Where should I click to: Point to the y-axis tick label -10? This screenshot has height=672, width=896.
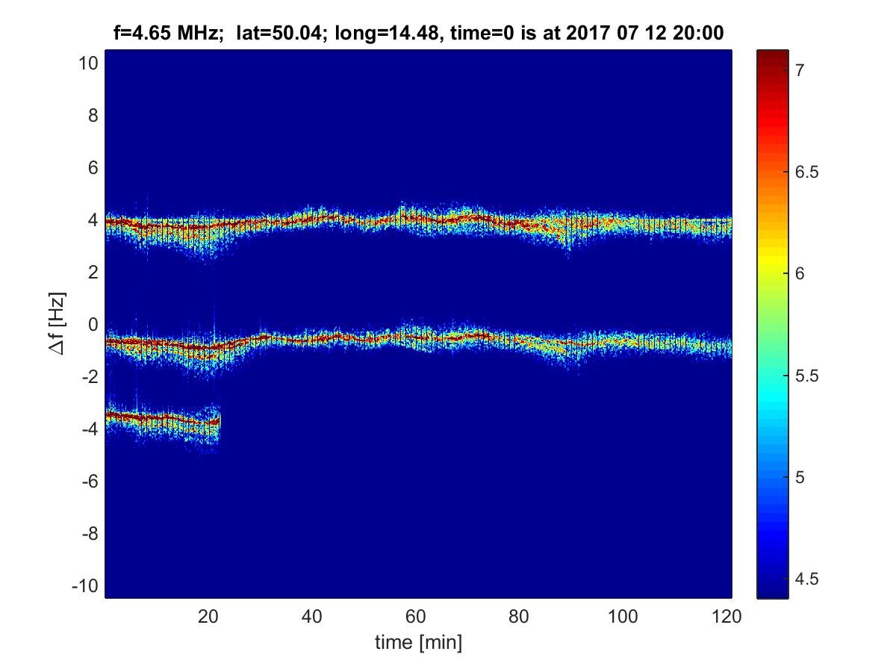click(85, 585)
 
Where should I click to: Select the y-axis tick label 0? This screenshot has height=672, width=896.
click(93, 324)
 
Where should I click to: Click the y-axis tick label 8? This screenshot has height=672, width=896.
click(93, 115)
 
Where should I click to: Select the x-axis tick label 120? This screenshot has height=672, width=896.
click(727, 617)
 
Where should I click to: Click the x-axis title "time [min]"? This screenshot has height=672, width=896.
click(418, 642)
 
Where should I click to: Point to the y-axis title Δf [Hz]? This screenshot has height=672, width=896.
click(60, 325)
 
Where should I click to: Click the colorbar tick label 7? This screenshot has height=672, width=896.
click(799, 70)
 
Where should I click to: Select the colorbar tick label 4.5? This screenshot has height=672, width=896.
click(805, 579)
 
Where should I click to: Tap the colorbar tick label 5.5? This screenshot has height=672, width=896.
click(805, 376)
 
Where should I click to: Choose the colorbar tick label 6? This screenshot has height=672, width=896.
click(799, 274)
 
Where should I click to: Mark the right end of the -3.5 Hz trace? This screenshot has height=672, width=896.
click(219, 423)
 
